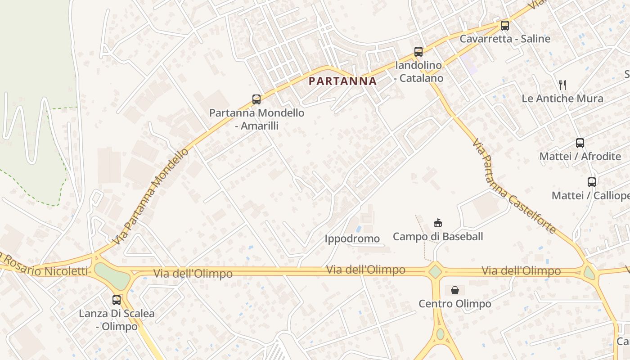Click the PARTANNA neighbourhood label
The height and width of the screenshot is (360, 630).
coord(343,81)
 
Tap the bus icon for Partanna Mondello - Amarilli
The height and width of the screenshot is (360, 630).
coord(256,99)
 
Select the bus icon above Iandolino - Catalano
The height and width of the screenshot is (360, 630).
coord(418,52)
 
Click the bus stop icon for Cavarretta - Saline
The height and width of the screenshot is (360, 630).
coord(505,26)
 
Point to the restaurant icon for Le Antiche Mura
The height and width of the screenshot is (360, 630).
coord(562,85)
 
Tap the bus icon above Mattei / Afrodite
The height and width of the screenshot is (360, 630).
coord(580,143)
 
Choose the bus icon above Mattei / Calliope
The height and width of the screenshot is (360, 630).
coord(592,182)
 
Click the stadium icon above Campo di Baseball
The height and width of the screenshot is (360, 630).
coord(437,223)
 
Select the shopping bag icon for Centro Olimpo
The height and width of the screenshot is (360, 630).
coord(455,290)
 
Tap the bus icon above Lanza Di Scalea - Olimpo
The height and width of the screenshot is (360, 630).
coord(117,300)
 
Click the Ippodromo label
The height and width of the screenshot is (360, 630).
coord(352,238)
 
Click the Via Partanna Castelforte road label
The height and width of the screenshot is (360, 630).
coord(513,186)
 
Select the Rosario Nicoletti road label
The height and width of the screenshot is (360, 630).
coord(45,268)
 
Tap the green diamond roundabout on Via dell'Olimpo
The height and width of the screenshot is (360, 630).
coord(435,271)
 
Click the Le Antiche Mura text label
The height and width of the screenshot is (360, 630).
coord(562,99)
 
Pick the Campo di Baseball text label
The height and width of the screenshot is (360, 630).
coord(438,237)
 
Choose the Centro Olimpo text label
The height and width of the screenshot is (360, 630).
coord(455,304)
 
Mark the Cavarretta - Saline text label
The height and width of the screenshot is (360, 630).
coord(505,39)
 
